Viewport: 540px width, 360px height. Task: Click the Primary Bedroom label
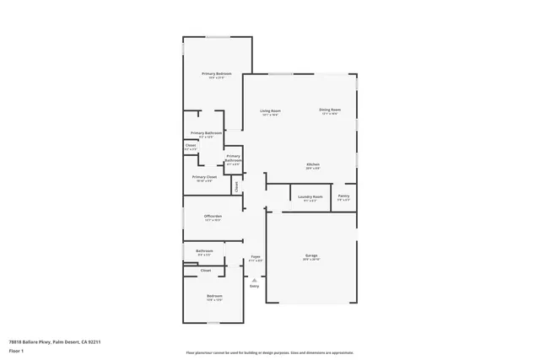[217, 74]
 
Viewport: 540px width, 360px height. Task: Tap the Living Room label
[270, 110]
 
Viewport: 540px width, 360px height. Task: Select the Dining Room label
[330, 110]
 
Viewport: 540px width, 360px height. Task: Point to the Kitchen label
[313, 164]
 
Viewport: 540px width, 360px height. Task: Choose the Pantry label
[343, 196]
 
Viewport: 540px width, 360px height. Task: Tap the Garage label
[310, 255]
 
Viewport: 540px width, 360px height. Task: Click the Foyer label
[256, 256]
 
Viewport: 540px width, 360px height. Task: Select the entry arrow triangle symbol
[254, 279]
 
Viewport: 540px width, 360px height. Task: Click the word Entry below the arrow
[254, 287]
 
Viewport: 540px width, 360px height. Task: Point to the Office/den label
[213, 217]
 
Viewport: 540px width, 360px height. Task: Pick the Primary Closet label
[205, 177]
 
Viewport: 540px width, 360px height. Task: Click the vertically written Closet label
[237, 186]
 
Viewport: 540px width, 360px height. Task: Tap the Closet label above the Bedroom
[205, 271]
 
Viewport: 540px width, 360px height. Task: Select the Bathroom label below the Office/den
[204, 250]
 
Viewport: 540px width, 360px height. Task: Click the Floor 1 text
[17, 351]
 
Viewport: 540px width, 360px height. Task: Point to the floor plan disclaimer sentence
[270, 352]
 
